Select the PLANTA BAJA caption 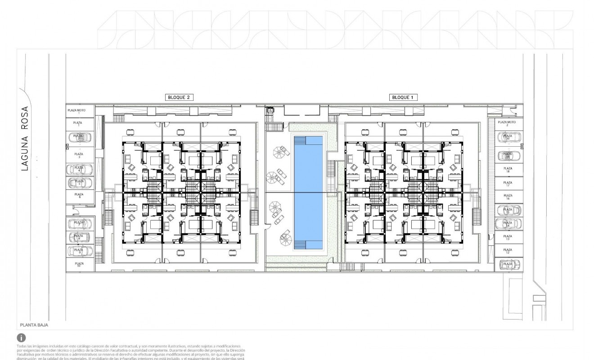pos(34,324)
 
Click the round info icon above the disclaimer pos(21,337)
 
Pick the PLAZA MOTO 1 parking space pos(80,111)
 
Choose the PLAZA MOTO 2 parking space pos(507,123)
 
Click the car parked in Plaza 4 pos(79,170)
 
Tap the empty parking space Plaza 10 pos(79,265)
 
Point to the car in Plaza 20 pos(508,137)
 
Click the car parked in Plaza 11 pos(508,265)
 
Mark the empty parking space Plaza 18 pos(508,169)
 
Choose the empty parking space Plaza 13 pos(508,237)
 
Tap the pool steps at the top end pos(308,140)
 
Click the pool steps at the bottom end pos(308,245)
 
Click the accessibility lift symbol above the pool pos(271,110)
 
